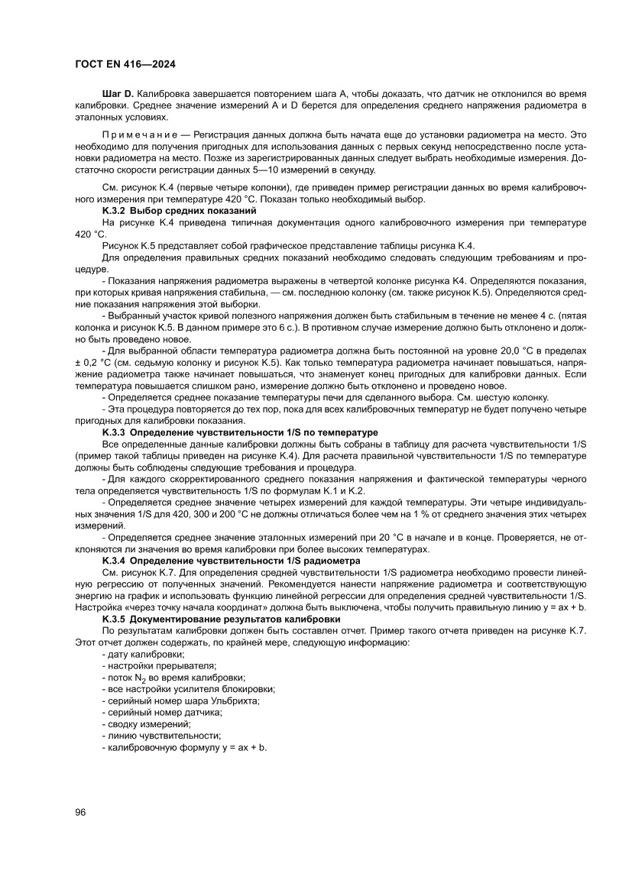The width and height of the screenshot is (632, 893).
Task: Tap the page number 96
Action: point(80,811)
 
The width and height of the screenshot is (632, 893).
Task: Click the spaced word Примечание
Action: point(141,134)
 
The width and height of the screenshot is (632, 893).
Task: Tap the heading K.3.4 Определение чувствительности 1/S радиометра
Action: point(231,561)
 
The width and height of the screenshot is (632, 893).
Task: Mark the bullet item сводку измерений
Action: point(148,723)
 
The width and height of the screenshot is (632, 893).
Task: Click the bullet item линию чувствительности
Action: point(160,735)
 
